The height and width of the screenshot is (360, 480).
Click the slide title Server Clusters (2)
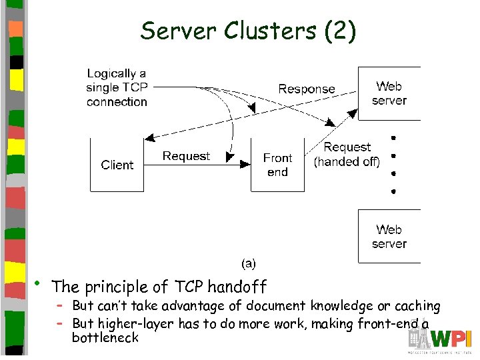tap(248, 31)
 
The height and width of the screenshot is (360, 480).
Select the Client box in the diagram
tap(117, 165)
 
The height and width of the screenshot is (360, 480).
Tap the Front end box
tap(277, 165)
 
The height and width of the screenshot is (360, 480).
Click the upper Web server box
tap(389, 93)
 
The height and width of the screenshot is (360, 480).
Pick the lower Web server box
tap(389, 237)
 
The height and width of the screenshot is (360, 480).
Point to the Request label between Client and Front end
tap(186, 156)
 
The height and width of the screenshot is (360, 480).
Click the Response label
tap(306, 89)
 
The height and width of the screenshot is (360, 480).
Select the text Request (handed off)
tap(347, 154)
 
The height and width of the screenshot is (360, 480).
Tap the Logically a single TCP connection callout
tap(117, 88)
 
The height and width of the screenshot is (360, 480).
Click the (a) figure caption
tap(248, 263)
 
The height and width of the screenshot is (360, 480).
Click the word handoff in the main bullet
tap(237, 287)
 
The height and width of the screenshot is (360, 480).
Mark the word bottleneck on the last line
tap(105, 337)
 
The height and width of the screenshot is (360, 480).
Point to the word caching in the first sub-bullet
tap(417, 306)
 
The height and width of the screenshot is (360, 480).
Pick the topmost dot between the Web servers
tap(394, 138)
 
